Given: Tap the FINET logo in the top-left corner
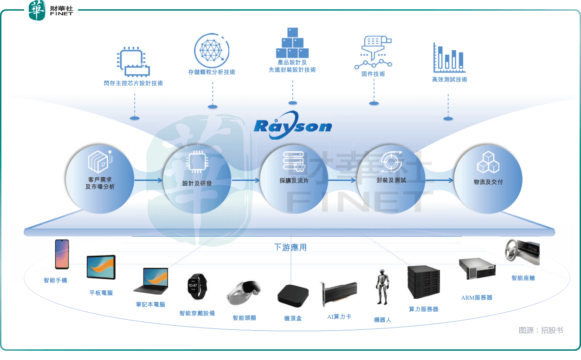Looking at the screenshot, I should [51, 10].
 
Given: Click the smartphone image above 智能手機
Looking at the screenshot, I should [62, 254].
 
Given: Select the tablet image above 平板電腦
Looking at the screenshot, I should [101, 268].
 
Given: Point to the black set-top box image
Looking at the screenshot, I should [292, 295].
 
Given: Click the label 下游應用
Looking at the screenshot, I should [290, 247].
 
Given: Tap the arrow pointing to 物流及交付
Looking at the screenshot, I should [439, 180].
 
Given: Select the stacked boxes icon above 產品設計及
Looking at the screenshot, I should [292, 43].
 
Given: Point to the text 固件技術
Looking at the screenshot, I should [373, 74].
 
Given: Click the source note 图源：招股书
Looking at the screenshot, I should [541, 330].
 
